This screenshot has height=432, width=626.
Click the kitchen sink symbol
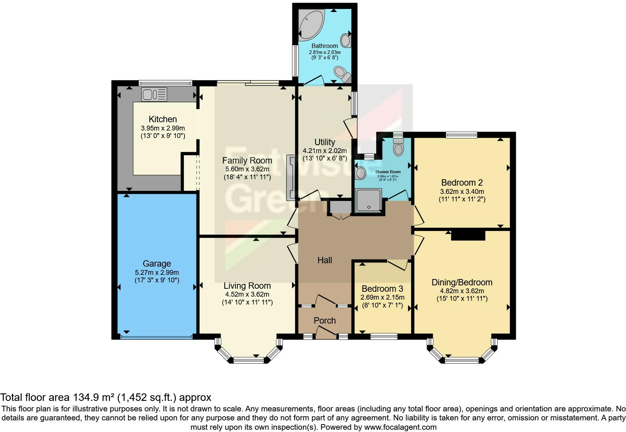(154, 94)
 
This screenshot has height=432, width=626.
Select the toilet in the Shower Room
(398, 147)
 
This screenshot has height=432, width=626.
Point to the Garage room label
(156, 264)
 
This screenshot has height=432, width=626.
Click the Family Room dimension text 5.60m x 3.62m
(247, 169)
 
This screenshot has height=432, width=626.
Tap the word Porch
(325, 321)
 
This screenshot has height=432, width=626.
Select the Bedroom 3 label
(382, 289)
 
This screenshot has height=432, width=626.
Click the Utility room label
(325, 142)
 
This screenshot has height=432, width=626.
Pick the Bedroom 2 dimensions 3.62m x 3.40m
(462, 191)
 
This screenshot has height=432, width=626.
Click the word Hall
(325, 260)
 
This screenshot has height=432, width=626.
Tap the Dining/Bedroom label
(462, 282)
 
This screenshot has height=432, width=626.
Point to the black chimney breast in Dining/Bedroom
(468, 235)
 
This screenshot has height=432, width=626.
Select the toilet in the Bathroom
(342, 73)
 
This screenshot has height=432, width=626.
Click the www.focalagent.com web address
(400, 427)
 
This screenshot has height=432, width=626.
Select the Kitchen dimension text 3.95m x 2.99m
(162, 128)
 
